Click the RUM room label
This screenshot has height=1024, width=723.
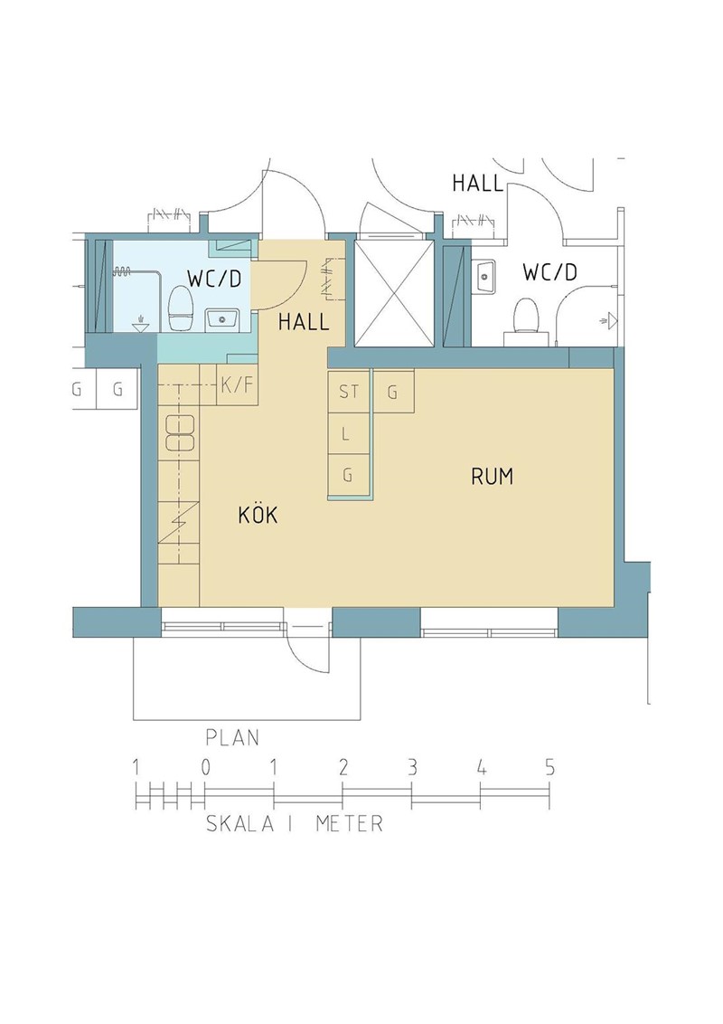coord(492,477)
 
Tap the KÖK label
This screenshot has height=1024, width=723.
coord(258,515)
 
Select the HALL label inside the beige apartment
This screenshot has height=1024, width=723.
coord(304,322)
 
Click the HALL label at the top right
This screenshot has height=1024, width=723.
coord(478,184)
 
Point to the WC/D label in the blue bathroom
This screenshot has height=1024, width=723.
coord(214,279)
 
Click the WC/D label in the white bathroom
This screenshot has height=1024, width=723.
coord(550,272)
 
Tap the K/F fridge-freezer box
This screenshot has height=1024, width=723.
coord(236,385)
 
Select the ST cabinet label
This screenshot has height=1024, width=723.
coord(349,392)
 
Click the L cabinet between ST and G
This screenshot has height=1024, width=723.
coord(348,433)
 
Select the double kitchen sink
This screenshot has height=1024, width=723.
coord(180,432)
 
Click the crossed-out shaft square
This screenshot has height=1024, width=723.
coord(393,293)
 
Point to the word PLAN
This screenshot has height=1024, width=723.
coord(232,737)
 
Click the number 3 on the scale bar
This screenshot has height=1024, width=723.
coord(412,767)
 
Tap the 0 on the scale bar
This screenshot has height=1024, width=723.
coord(205,767)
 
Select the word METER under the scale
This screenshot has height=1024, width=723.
coord(349,823)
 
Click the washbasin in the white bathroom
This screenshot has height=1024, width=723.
coord(484,277)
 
